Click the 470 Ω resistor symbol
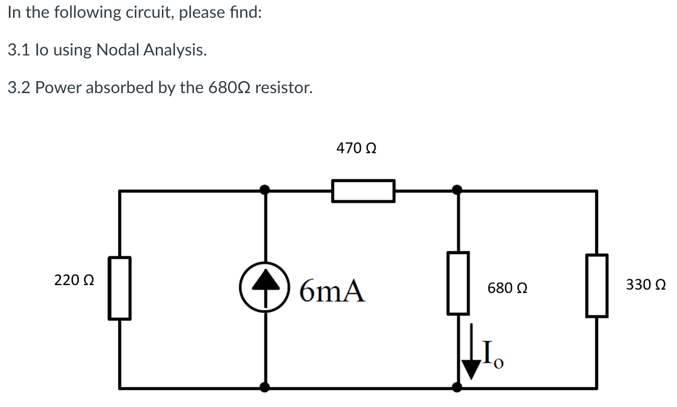coord(363,190)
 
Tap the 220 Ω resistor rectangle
coord(120,288)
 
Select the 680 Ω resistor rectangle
coord(458,284)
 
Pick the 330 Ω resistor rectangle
coord(597,286)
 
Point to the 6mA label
coord(332,292)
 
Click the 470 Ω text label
coord(356,149)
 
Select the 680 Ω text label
coord(507,288)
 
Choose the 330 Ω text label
coord(646,285)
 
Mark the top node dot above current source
coord(265,189)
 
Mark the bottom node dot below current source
coord(265,387)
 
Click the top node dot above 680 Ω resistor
coord(457,189)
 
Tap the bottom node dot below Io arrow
coord(457,387)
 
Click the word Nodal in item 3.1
coord(119,50)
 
